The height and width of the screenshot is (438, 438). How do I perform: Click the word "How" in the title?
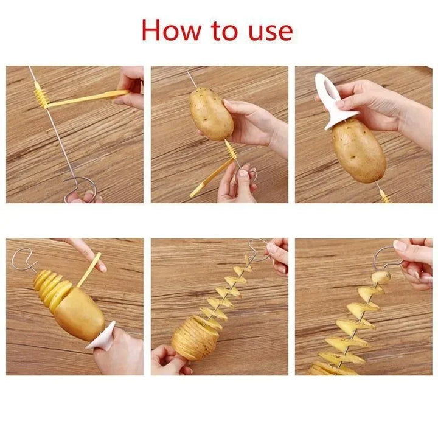[x=171, y=30]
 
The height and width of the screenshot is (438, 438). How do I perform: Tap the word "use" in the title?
[x=270, y=32]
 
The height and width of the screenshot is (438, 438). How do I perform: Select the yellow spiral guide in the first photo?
[x=41, y=94]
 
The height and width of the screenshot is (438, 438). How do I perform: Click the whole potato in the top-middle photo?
[x=211, y=113]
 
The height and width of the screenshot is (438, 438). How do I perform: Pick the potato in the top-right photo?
[x=360, y=151]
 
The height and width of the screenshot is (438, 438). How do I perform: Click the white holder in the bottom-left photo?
[x=101, y=336]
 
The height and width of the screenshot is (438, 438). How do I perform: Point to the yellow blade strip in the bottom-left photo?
[x=89, y=270]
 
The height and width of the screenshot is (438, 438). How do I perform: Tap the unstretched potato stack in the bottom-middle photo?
[x=195, y=338]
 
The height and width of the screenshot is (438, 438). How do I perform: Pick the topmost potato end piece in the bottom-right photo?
[x=381, y=278]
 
